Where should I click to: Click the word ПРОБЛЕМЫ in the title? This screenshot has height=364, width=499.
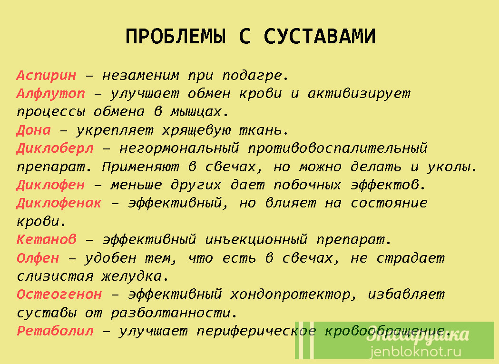tap(176, 36)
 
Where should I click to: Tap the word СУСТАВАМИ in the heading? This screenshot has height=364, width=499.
tap(320, 36)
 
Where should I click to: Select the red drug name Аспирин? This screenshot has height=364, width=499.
tap(47, 76)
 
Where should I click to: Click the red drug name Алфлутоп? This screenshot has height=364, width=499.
tap(51, 94)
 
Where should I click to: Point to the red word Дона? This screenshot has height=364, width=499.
tap(34, 130)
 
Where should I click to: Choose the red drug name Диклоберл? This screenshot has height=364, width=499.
tap(55, 149)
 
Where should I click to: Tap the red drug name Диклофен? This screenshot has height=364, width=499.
tap(51, 185)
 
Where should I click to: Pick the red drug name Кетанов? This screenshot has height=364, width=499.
tap(47, 239)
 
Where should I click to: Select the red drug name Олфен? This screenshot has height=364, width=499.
tap(38, 258)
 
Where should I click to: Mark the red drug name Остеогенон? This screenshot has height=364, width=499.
tap(59, 295)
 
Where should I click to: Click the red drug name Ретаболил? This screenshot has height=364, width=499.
tap(55, 331)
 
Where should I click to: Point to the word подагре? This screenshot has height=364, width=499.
tap(255, 76)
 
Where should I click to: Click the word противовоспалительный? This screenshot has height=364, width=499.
tap(337, 149)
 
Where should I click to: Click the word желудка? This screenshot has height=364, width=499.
tap(135, 276)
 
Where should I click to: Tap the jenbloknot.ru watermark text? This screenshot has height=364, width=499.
tap(415, 352)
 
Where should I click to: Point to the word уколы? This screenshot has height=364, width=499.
tap(452, 167)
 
